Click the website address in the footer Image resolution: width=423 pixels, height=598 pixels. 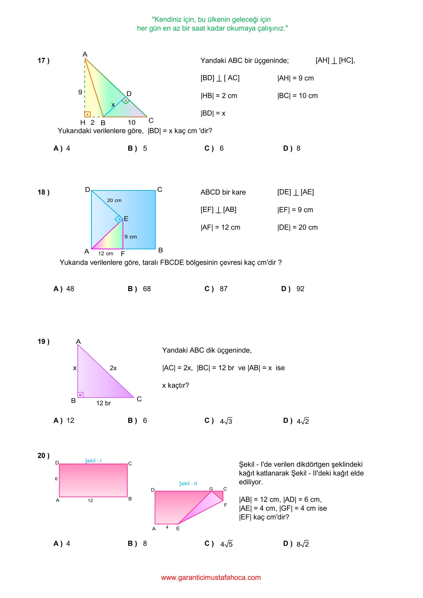pos(211,577)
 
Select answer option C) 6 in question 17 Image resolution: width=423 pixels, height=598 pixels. pos(214,148)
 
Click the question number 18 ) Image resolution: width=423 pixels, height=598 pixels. pos(43,192)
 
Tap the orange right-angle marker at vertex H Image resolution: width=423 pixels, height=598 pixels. pos(87,114)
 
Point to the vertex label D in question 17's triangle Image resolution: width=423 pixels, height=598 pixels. pos(129,94)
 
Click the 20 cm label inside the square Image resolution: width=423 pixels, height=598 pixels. pos(114,200)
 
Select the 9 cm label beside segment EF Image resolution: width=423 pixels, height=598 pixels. pos(131,237)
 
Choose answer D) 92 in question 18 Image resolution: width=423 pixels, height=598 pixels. pos(293,289)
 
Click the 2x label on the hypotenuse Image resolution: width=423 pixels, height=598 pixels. pos(113,368)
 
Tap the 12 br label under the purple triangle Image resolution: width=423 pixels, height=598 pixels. pos(103,403)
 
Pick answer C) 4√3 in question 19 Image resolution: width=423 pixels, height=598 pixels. pos(218,421)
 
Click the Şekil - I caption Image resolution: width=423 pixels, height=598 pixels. pos(93,461)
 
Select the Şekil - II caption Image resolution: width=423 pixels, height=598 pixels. pos(188,484)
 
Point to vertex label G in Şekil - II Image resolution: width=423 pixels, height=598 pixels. pos(211,489)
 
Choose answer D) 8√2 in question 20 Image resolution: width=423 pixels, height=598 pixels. pos(296,544)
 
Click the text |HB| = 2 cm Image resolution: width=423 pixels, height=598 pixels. pos(219,96)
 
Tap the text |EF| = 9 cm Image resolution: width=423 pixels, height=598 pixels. pos(295,210)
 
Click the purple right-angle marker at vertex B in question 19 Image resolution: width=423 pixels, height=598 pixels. pos(80,395)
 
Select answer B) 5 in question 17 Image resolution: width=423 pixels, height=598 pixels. pos(137,148)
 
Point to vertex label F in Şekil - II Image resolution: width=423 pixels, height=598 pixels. pos(226,505)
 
